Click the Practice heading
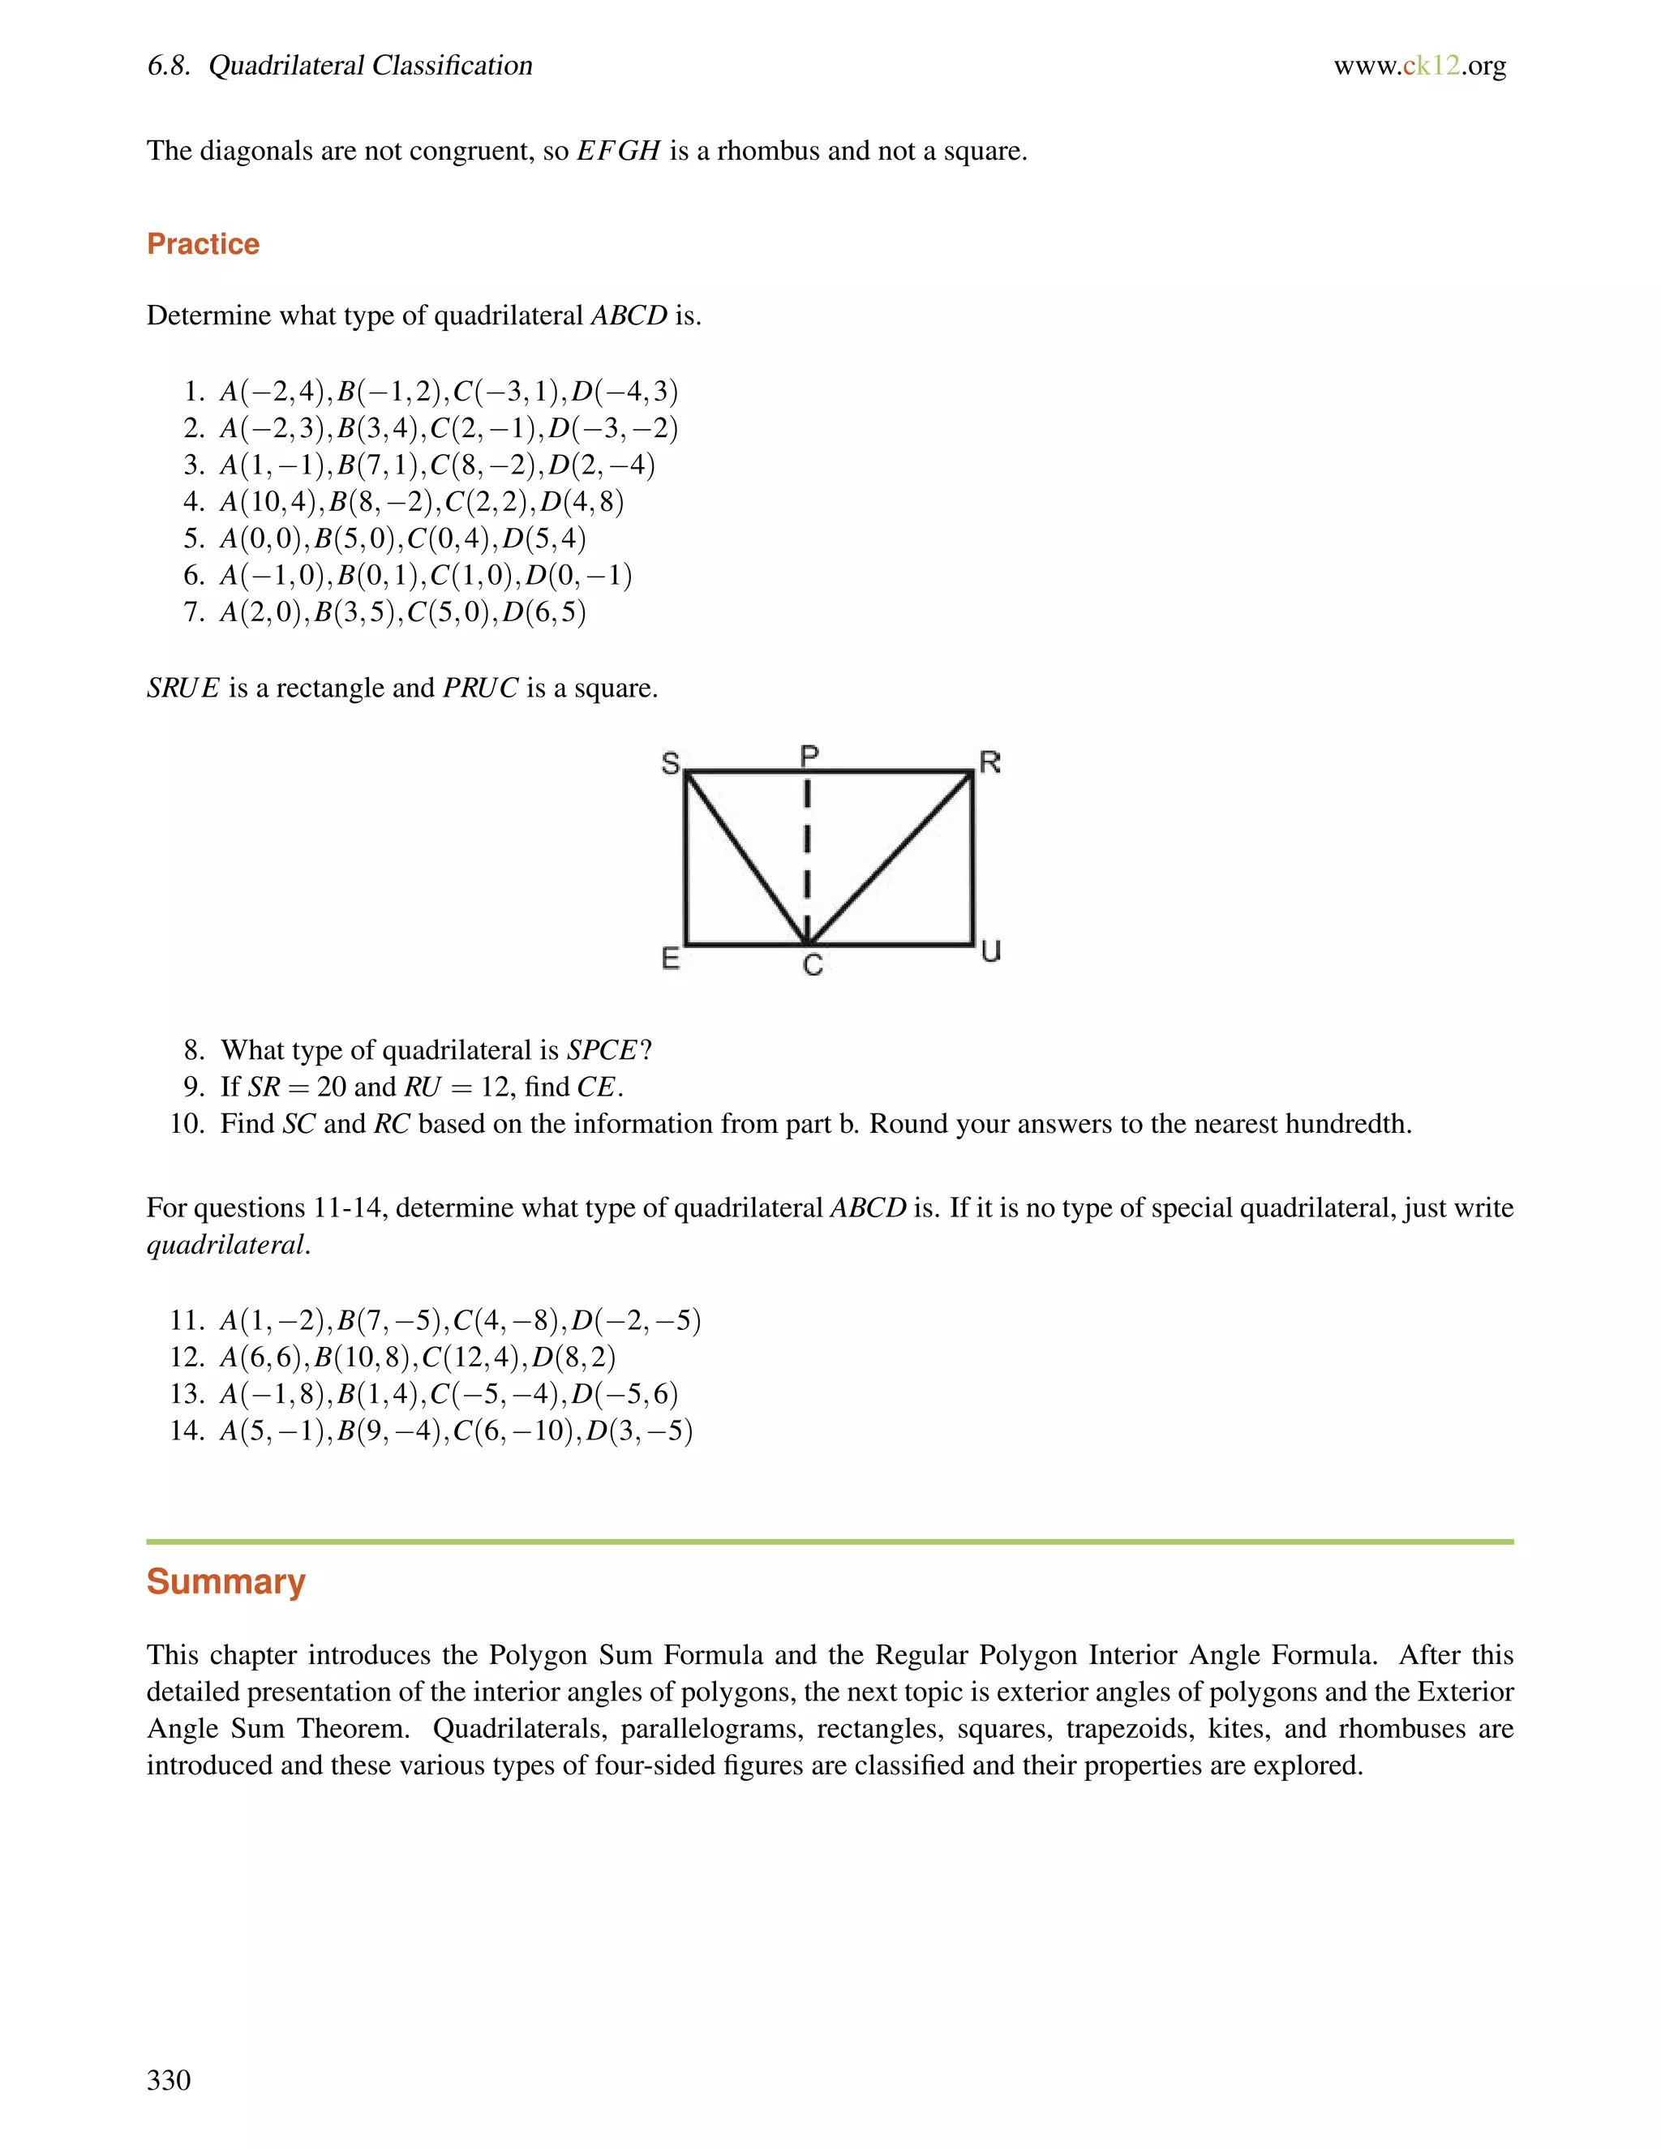click(203, 244)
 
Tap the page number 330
click(168, 2079)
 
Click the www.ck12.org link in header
click(1419, 66)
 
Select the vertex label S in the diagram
click(670, 762)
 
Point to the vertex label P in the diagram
click(809, 756)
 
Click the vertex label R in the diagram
click(990, 761)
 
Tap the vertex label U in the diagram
click(991, 950)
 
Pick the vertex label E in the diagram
click(670, 958)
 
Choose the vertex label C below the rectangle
click(812, 965)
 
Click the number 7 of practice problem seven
click(192, 613)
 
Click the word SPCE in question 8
click(603, 1051)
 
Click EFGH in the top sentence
click(618, 152)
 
